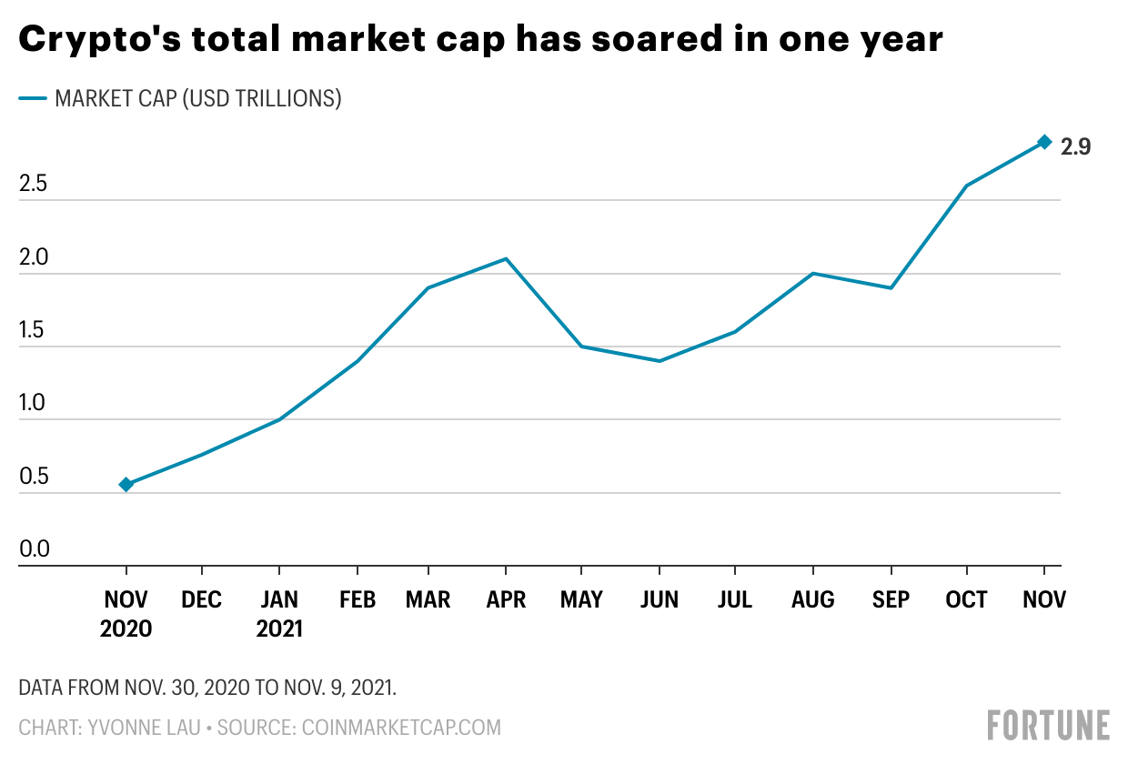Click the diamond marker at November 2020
click(x=126, y=485)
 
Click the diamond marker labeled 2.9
click(x=1044, y=142)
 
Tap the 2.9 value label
click(x=1075, y=147)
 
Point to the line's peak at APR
click(x=506, y=259)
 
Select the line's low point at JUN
click(x=660, y=360)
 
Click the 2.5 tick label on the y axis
click(x=34, y=184)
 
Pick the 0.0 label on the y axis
click(x=35, y=548)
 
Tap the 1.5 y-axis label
click(x=32, y=330)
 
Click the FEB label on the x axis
click(x=358, y=599)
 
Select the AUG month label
click(x=812, y=599)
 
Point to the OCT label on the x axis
click(x=966, y=599)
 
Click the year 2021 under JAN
click(x=279, y=628)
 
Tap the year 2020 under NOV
click(x=126, y=628)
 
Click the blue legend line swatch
click(x=33, y=98)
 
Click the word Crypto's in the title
click(x=100, y=39)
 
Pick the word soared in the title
click(x=658, y=38)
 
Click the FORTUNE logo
click(x=1049, y=725)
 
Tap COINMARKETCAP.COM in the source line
click(x=401, y=728)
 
